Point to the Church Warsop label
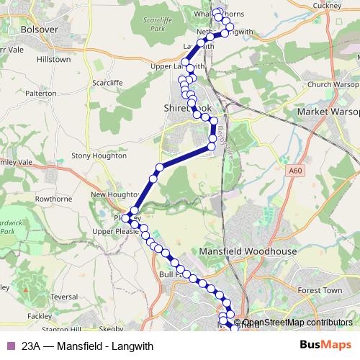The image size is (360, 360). point(332,84)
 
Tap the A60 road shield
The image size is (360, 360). point(294,169)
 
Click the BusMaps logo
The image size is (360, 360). point(325,345)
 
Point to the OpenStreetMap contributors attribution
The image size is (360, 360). point(297,323)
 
